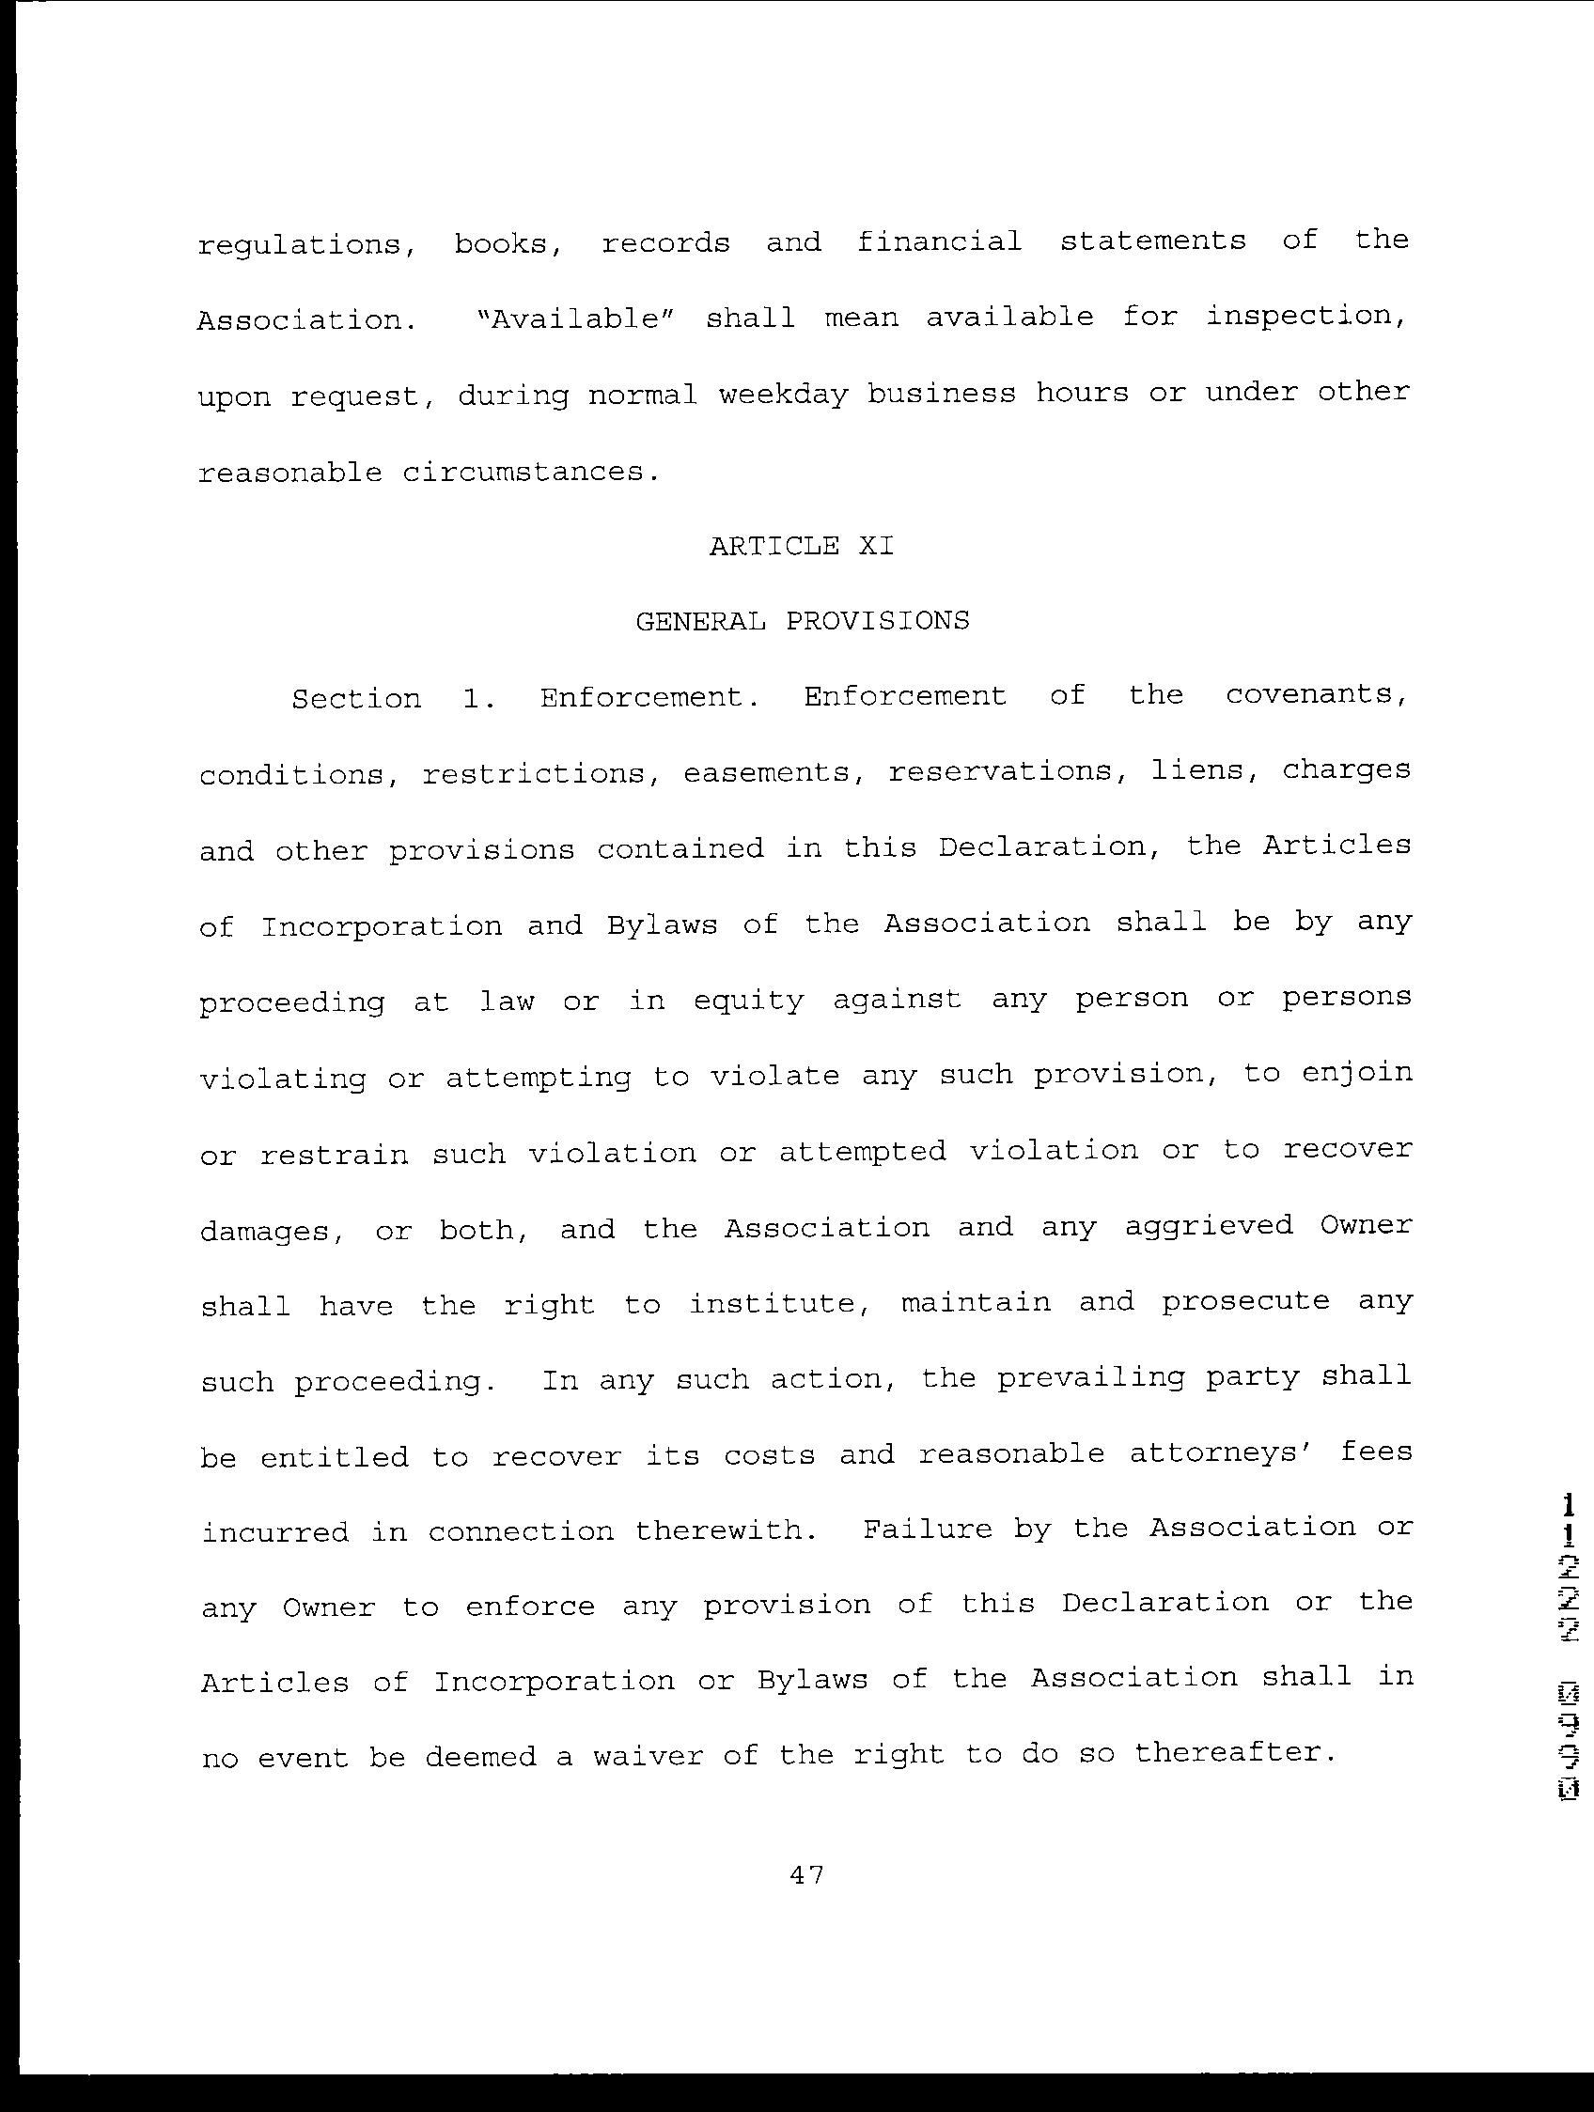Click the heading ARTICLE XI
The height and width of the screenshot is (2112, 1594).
802,546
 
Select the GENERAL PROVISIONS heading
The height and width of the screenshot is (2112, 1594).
803,622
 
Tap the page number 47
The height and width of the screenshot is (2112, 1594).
807,1874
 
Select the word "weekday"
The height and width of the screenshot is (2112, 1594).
783,395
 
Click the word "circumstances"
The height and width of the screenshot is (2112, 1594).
523,472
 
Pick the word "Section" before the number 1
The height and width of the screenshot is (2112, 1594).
356,699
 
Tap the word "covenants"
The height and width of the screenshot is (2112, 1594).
1316,695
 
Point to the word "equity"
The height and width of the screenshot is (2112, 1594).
749,1001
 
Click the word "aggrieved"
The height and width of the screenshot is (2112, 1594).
1208,1226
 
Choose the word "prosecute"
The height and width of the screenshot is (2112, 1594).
1245,1302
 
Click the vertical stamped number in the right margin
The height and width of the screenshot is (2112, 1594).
1569,1662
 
